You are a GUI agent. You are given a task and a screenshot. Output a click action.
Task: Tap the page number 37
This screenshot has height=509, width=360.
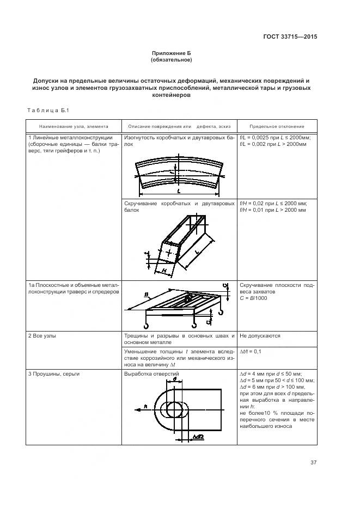click(x=313, y=463)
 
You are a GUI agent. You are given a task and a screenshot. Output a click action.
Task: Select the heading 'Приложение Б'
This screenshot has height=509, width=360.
click(x=172, y=53)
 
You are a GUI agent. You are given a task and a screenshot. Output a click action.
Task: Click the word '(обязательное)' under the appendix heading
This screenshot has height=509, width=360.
click(x=172, y=59)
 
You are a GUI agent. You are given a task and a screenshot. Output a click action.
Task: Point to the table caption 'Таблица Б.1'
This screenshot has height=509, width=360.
click(x=46, y=111)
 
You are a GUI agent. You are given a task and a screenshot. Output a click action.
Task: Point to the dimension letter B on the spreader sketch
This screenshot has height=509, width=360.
click(x=147, y=295)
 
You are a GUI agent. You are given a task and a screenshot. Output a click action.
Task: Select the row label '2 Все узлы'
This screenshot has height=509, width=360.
click(x=45, y=336)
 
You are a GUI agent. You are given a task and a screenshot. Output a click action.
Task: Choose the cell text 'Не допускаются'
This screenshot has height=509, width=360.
click(x=260, y=336)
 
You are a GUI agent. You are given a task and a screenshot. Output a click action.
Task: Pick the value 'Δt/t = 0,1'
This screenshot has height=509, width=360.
click(x=251, y=352)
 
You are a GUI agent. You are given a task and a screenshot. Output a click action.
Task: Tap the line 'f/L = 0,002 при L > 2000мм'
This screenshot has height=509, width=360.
click(x=273, y=145)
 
